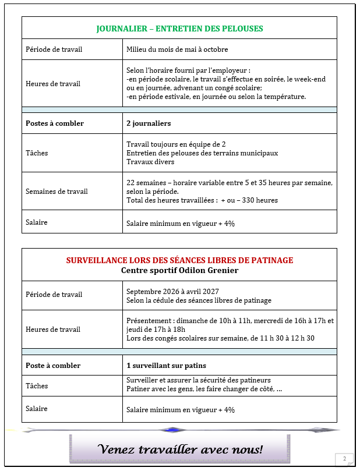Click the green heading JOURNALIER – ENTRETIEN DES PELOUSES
pos(179,28)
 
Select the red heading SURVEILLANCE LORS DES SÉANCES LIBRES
pos(179,260)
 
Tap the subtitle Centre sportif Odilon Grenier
pos(179,270)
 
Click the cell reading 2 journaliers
pos(149,123)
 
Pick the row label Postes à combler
pos(55,123)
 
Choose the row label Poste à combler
pos(53,366)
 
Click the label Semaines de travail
pos(57,192)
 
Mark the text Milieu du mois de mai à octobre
pos(177,49)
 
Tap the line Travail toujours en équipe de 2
pos(176,144)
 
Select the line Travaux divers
pos(150,162)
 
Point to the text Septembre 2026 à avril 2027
pos(175,291)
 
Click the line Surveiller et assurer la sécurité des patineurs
pos(199,380)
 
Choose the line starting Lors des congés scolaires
pos(220,338)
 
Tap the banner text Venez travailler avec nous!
pos(180,449)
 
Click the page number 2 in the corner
pos(344,459)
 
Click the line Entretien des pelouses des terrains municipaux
pos(202,153)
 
